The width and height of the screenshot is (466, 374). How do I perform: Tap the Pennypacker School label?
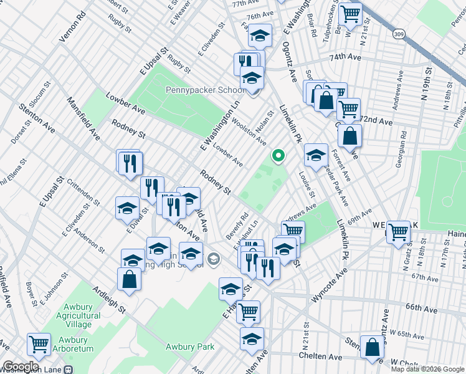(205, 90)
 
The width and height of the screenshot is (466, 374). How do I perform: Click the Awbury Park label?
(189, 347)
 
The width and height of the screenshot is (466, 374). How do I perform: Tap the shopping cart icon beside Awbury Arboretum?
(39, 343)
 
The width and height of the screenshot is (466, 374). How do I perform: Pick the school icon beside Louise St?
(316, 155)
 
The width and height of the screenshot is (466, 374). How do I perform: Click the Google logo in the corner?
(21, 367)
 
